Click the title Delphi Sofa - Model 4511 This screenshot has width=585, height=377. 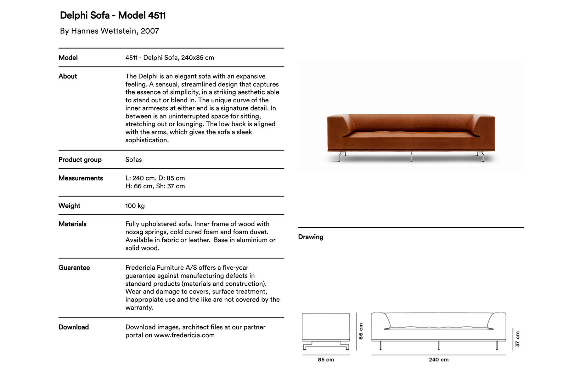pyautogui.click(x=113, y=15)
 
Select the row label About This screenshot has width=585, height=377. pyautogui.click(x=68, y=76)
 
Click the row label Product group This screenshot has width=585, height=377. pyautogui.click(x=80, y=160)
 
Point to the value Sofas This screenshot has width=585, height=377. pyautogui.click(x=133, y=160)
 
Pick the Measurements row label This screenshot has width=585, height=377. pyautogui.click(x=81, y=178)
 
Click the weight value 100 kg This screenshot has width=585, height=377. pyautogui.click(x=135, y=206)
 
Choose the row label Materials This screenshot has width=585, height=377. pyautogui.click(x=72, y=224)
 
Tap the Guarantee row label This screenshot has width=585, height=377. pyautogui.click(x=74, y=268)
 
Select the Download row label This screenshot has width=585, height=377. pyautogui.click(x=74, y=327)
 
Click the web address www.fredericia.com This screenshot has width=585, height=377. pyautogui.click(x=184, y=335)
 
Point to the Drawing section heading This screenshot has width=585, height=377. pyautogui.click(x=311, y=237)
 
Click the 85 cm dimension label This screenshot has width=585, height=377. pyautogui.click(x=326, y=360)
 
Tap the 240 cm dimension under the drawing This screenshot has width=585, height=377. pyautogui.click(x=439, y=360)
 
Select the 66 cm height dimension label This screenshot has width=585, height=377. pyautogui.click(x=361, y=331)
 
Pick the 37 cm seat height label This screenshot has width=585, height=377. pyautogui.click(x=518, y=339)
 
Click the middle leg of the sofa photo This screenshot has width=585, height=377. pyautogui.click(x=411, y=157)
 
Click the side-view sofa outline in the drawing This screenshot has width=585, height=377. pyautogui.click(x=326, y=328)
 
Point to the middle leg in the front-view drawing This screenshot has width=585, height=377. pyautogui.click(x=439, y=346)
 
